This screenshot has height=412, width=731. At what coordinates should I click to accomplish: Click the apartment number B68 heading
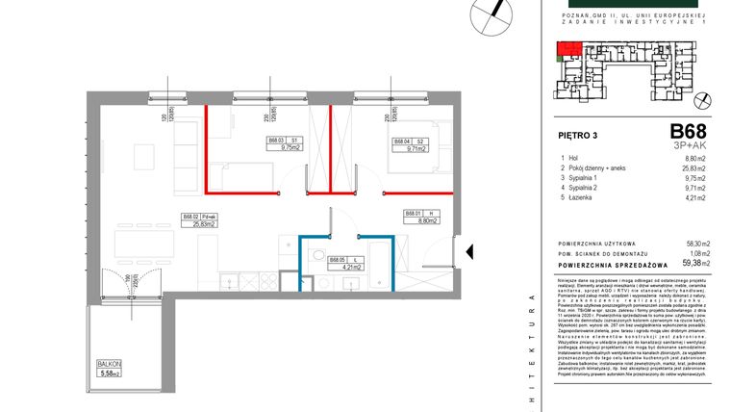689,131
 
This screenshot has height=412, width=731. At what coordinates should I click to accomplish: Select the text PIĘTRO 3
579,135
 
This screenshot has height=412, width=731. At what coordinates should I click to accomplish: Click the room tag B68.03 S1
285,145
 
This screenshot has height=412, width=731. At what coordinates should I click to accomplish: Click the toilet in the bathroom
317,255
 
